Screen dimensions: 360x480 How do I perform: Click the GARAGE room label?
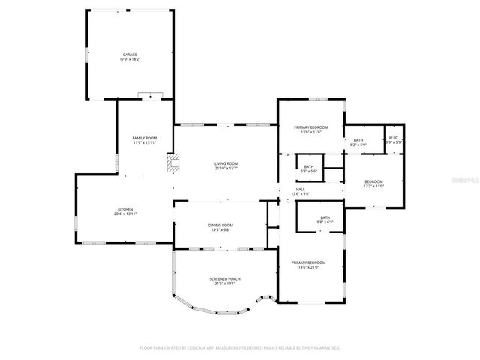tap(130, 55)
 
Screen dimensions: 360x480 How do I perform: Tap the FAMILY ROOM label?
tap(145, 138)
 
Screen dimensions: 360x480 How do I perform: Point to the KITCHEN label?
tap(124, 209)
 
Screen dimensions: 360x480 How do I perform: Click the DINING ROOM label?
tap(220, 225)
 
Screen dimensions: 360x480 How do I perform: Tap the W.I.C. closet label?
tap(394, 138)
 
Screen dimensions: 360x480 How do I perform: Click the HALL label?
tap(300, 190)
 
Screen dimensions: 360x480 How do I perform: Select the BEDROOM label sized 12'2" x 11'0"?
tap(373, 181)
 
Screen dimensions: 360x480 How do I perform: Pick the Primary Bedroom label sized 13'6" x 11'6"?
tap(310, 128)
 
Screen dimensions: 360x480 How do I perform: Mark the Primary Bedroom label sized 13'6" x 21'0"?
tap(310, 262)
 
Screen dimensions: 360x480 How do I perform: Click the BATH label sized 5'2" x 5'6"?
tap(308, 166)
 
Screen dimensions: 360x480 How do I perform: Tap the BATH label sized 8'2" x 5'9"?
tap(358, 140)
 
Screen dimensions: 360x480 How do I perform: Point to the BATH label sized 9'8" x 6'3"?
tap(325, 217)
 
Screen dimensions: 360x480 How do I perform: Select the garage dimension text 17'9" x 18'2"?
tap(130, 59)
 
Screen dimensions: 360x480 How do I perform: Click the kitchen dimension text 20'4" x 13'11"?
tap(124, 214)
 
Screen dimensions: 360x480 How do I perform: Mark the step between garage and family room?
tap(150, 96)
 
